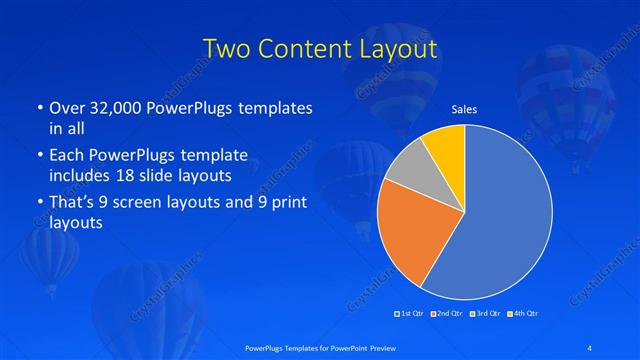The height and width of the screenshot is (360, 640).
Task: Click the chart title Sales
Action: coord(464,109)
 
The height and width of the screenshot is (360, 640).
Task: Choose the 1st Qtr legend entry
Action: coord(412,314)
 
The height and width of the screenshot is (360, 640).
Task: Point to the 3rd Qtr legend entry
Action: coord(486,314)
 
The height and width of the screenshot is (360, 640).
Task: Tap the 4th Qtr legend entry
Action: coord(524,314)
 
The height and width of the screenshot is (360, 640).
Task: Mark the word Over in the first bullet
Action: coord(67,107)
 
